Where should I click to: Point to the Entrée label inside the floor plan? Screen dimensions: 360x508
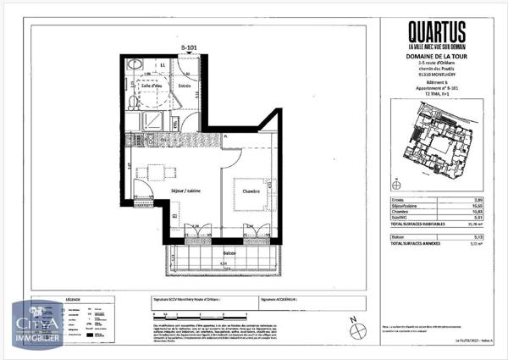click(x=184, y=85)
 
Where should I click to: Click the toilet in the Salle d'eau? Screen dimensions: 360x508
click(x=135, y=65)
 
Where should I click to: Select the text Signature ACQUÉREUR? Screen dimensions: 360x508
click(x=284, y=299)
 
